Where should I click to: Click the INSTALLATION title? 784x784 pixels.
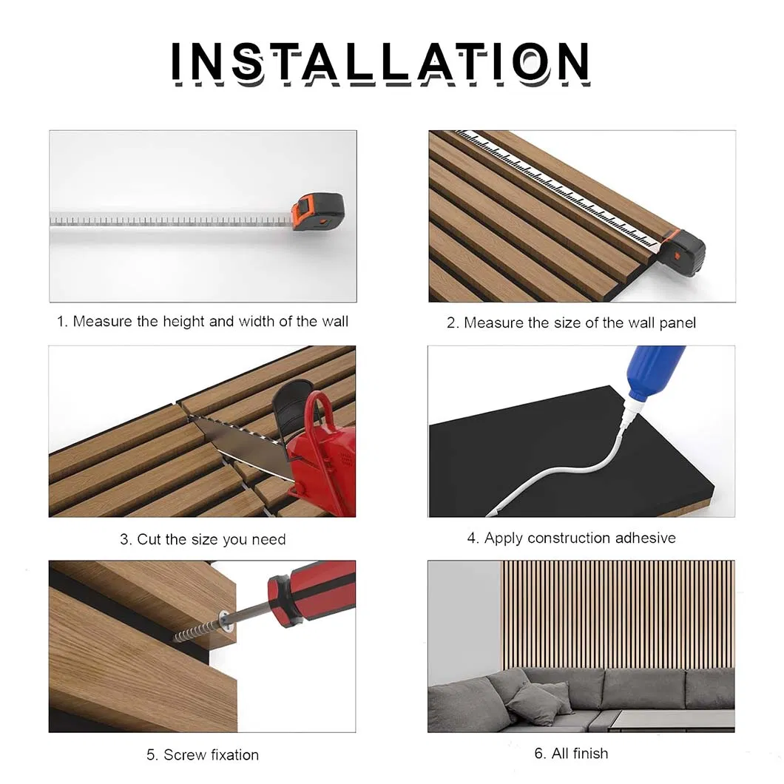[x=380, y=62]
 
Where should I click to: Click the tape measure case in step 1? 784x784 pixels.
[x=317, y=212]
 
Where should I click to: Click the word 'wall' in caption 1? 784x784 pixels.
[x=334, y=322]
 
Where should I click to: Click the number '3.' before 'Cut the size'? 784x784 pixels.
[x=126, y=540]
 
